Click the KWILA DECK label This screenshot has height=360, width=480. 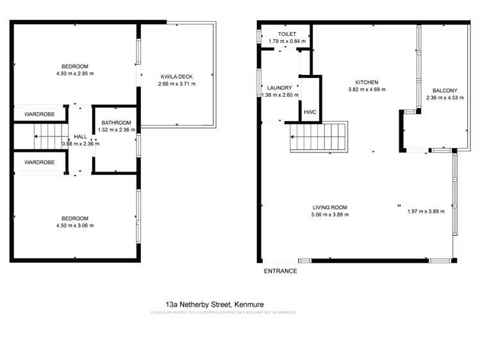(177, 75)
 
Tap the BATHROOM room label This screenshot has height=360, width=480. (115, 123)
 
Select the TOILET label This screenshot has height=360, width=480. (286, 33)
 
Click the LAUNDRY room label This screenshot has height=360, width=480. (280, 88)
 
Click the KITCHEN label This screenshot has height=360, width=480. (367, 82)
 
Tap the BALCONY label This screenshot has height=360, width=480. (444, 90)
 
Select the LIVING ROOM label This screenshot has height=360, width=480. (329, 207)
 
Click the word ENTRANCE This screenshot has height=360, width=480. (281, 271)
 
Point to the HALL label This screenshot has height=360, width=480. (80, 136)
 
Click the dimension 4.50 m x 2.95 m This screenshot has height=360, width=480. (75, 74)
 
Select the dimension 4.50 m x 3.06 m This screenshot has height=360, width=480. (75, 225)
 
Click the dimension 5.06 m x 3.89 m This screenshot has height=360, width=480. (329, 215)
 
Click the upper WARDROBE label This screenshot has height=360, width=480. (39, 114)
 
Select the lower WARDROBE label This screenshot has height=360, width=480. (39, 162)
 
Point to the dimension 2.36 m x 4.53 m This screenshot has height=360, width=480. (445, 98)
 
